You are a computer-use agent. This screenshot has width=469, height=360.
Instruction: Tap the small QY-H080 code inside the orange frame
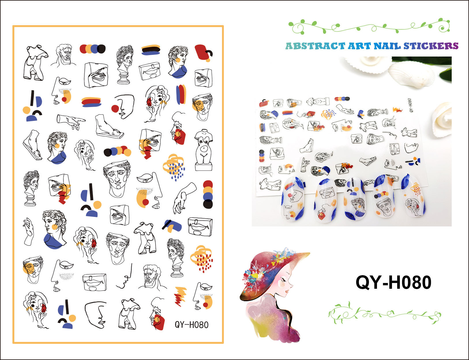click(191, 325)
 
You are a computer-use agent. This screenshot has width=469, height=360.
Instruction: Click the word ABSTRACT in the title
click(315, 46)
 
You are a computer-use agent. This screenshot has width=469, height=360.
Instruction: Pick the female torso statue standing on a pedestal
click(204, 150)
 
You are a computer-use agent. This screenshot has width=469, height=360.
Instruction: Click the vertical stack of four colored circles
click(208, 194)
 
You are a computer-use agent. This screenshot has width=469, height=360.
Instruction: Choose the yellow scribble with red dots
click(202, 259)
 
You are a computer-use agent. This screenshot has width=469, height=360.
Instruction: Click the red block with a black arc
click(203, 53)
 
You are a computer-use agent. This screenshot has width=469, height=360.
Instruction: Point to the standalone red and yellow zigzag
click(180, 296)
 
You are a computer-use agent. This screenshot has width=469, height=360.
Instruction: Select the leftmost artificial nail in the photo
click(292, 199)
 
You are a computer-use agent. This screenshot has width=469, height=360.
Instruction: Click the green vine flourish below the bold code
click(384, 314)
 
